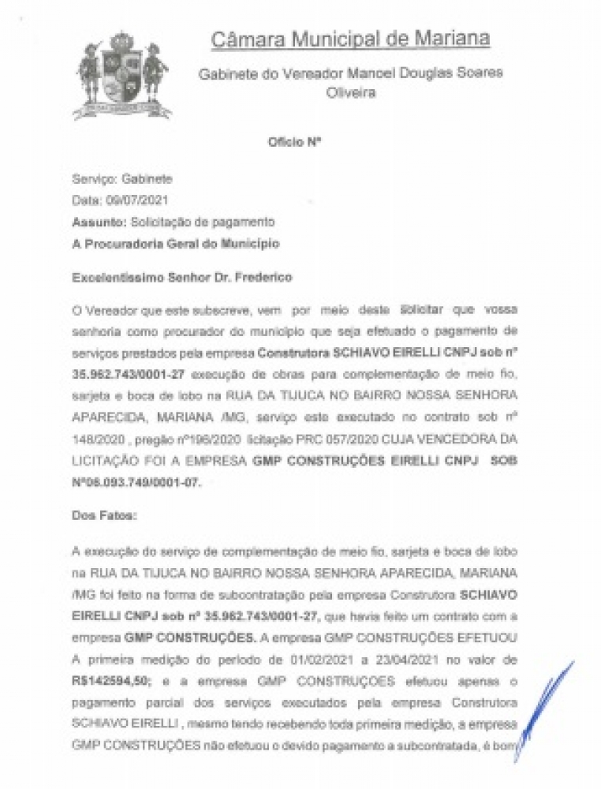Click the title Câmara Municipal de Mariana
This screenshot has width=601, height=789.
coord(351,39)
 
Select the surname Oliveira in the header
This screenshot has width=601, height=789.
coord(351,92)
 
